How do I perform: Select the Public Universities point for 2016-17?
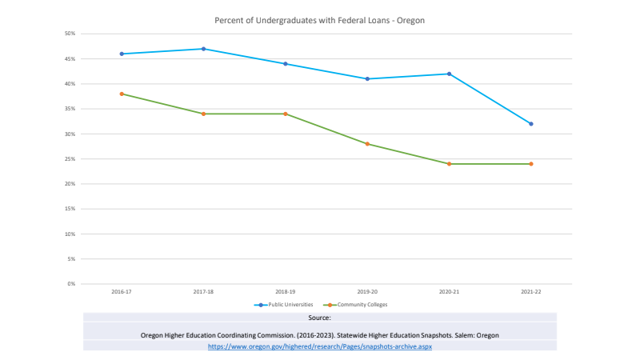(122, 54)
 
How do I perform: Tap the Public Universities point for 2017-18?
(203, 49)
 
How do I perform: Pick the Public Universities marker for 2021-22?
(531, 124)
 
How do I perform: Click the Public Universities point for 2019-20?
(367, 78)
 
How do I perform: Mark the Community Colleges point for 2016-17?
(122, 94)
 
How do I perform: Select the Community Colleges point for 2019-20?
(367, 144)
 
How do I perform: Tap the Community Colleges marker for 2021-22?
(531, 164)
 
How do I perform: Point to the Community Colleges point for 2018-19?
(286, 114)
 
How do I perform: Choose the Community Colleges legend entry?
(359, 305)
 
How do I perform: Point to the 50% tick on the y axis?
(70, 34)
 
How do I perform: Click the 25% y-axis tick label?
(70, 159)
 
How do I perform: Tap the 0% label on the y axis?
(72, 284)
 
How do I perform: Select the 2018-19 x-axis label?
(286, 292)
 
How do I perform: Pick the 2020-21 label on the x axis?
(449, 292)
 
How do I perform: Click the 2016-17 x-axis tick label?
(122, 292)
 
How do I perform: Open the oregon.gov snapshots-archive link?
(319, 346)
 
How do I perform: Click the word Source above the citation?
(319, 318)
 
